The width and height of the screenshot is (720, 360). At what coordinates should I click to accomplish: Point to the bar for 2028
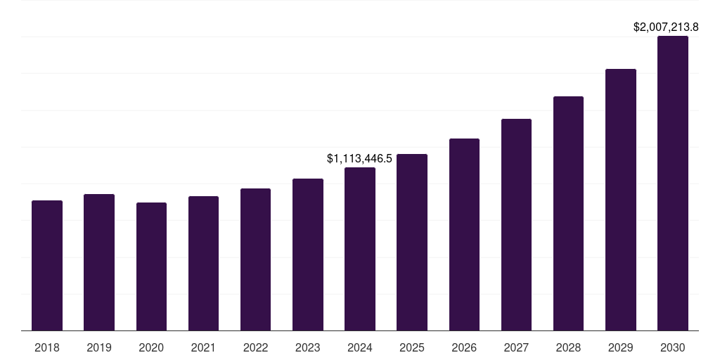pyautogui.click(x=568, y=214)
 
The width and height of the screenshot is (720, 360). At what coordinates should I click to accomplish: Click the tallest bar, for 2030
pyautogui.click(x=672, y=184)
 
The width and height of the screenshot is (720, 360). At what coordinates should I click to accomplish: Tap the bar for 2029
pyautogui.click(x=620, y=200)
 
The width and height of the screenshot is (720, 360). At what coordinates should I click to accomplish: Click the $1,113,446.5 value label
pyautogui.click(x=359, y=159)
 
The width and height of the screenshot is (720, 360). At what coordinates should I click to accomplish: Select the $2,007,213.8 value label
pyautogui.click(x=666, y=27)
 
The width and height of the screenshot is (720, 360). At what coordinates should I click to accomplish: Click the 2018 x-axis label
pyautogui.click(x=47, y=347)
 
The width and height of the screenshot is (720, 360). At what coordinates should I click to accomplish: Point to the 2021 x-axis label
pyautogui.click(x=203, y=347)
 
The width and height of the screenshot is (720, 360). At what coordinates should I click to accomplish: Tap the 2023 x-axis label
pyautogui.click(x=307, y=347)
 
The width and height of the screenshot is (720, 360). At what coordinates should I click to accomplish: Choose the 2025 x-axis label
pyautogui.click(x=412, y=347)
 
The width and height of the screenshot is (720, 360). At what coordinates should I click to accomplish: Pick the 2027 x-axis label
pyautogui.click(x=516, y=347)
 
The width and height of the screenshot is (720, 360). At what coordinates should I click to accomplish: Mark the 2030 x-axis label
pyautogui.click(x=672, y=347)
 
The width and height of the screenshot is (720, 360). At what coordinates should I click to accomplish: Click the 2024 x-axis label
pyautogui.click(x=360, y=347)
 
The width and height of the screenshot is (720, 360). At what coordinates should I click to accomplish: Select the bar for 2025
pyautogui.click(x=412, y=243)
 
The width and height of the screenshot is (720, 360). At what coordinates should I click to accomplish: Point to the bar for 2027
pyautogui.click(x=516, y=225)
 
